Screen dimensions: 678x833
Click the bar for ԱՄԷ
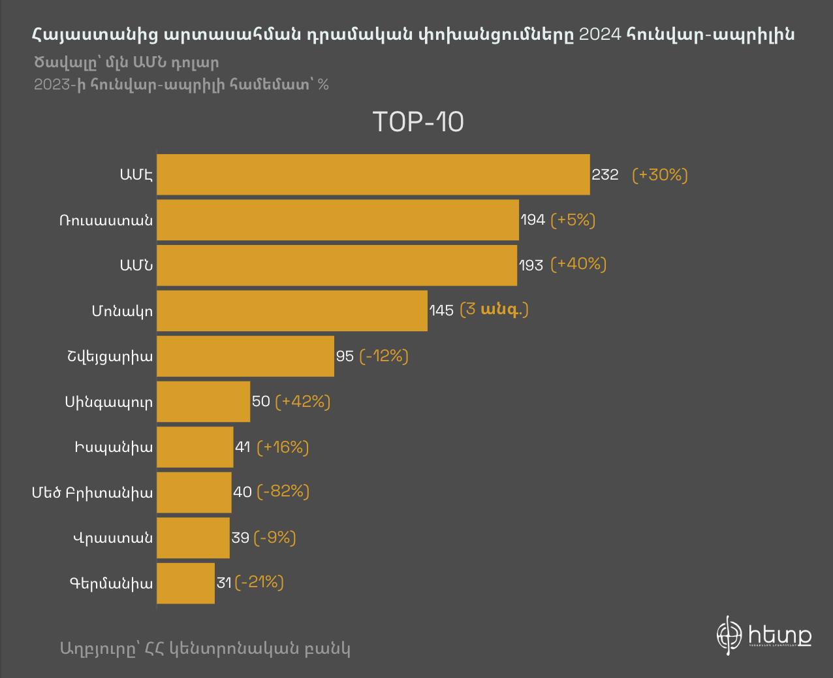pos(373,174)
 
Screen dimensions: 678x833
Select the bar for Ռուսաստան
pos(338,219)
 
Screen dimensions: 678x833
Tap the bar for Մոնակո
pos(292,310)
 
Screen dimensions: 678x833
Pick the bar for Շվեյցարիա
pos(245,356)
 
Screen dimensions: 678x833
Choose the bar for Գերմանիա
pos(185,583)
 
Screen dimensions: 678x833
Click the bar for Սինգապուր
pos(203,401)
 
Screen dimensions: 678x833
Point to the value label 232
pos(605,175)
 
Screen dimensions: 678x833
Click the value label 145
pos(441,310)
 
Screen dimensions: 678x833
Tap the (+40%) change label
pos(578,264)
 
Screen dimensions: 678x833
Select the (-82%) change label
pos(283,491)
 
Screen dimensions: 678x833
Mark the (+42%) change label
pos(303,401)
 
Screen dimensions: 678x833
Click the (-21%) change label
pos(259,582)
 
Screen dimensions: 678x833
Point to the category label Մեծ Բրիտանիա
pos(93,492)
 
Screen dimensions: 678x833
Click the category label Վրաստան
pos(112,538)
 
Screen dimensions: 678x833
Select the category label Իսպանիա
pos(113,447)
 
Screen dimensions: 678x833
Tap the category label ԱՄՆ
pos(136,265)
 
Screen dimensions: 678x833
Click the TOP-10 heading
pos(418,122)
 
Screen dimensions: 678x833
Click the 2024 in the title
pos(600,34)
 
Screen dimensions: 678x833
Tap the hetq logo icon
pos(729,634)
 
